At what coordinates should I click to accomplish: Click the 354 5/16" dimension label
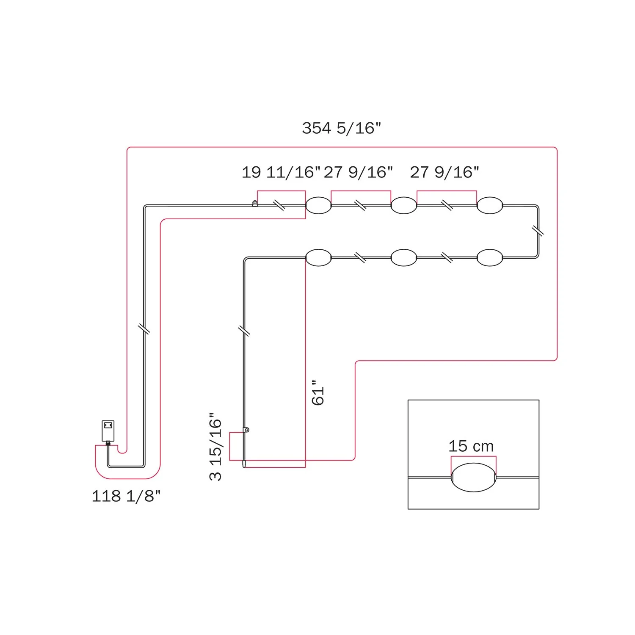tap(341, 128)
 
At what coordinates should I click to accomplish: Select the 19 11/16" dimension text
tap(281, 172)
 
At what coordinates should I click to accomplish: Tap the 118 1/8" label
tap(126, 496)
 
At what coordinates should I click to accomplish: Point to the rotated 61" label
tap(317, 395)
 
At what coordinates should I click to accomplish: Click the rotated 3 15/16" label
tap(215, 447)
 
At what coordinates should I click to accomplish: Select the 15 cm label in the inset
tap(471, 446)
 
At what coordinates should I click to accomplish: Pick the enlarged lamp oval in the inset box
tap(473, 477)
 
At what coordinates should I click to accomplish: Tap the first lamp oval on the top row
tap(318, 205)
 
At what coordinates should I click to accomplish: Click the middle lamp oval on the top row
tap(404, 205)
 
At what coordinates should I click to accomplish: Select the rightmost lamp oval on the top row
tap(490, 205)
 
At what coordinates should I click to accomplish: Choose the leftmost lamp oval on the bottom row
tap(318, 257)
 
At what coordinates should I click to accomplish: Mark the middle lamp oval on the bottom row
tap(404, 257)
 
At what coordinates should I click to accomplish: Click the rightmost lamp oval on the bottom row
tap(490, 257)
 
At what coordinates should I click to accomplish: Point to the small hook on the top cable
tap(255, 204)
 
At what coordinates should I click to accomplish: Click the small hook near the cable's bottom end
tap(247, 430)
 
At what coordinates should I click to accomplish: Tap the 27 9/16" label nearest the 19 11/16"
tap(358, 172)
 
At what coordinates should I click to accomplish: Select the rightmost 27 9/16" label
tap(444, 172)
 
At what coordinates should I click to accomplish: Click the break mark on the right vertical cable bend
tap(538, 231)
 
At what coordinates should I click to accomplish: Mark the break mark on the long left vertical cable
tap(144, 328)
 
